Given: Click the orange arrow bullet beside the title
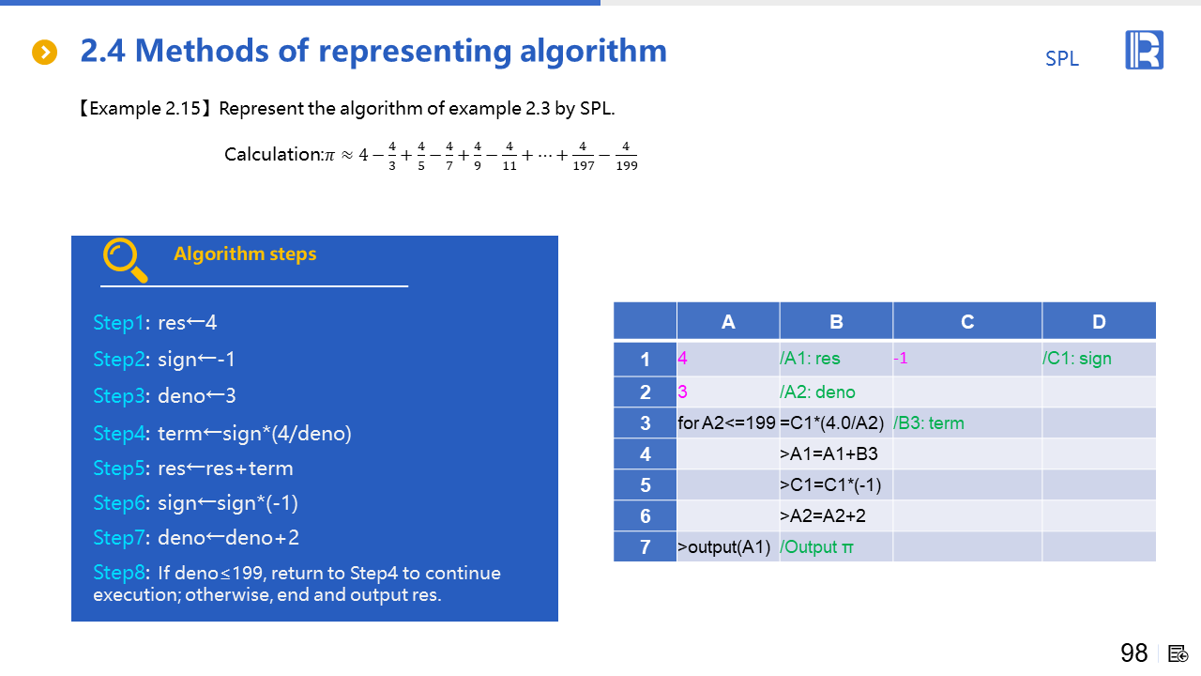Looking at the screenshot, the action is (44, 52).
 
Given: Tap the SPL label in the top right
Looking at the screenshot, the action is (1061, 58).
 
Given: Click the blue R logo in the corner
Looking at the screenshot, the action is (1144, 50).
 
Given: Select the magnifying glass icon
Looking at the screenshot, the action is (125, 260).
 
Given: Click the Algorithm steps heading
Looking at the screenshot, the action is (245, 253).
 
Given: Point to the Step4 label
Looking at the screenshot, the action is (118, 434).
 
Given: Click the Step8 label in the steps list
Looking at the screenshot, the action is (118, 573).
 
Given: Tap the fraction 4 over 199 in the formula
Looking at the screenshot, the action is (626, 156).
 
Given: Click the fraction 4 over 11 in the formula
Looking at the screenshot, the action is (509, 156).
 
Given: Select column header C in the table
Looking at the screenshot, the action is (967, 322).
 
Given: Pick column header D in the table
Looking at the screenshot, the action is (1099, 322).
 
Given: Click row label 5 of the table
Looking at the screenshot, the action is (645, 485).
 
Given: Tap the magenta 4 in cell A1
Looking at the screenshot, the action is (682, 359).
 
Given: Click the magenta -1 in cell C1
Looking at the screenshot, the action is (901, 359).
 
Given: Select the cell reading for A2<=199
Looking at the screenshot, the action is (726, 423).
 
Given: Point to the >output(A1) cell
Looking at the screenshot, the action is (723, 547).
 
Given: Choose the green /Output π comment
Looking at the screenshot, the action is (816, 547).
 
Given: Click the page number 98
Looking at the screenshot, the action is (1134, 653).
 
